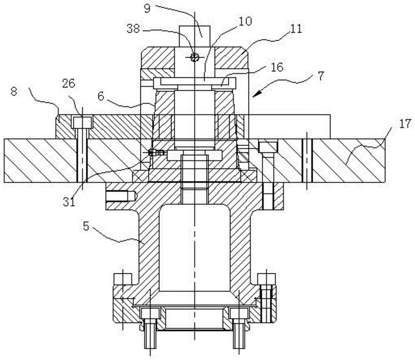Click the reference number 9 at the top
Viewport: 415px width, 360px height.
(x=147, y=8)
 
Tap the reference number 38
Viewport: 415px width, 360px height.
(x=133, y=29)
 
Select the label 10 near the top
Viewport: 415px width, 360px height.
(x=245, y=22)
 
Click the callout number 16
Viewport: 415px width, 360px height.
(x=277, y=67)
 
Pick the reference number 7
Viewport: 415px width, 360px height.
(x=320, y=76)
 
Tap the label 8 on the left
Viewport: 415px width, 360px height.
(x=14, y=92)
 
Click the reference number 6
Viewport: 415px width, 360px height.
(x=101, y=96)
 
